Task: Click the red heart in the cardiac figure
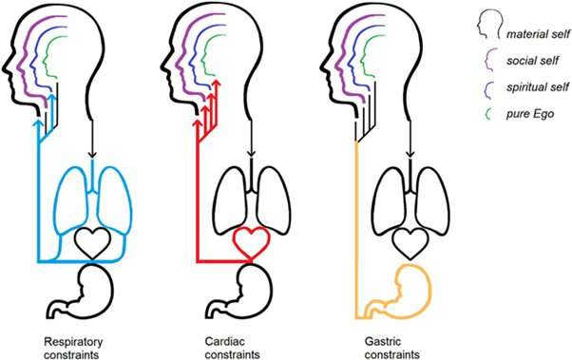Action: click(x=248, y=244)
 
